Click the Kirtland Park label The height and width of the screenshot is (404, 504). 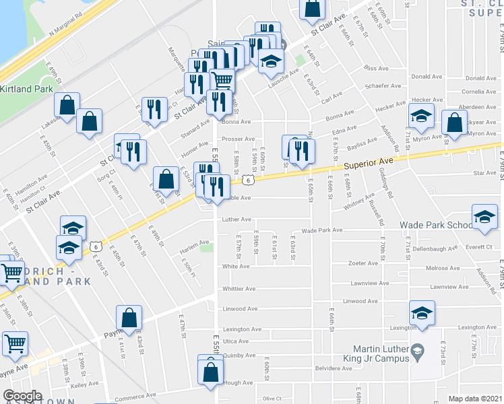tap(26, 89)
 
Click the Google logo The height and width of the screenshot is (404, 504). tap(22, 396)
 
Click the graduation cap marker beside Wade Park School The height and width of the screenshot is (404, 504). tap(484, 218)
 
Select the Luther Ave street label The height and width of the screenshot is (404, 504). tap(237, 219)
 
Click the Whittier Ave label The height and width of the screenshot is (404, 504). tap(240, 289)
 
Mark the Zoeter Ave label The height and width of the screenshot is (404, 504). tap(361, 263)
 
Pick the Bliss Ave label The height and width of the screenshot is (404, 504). tap(376, 68)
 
